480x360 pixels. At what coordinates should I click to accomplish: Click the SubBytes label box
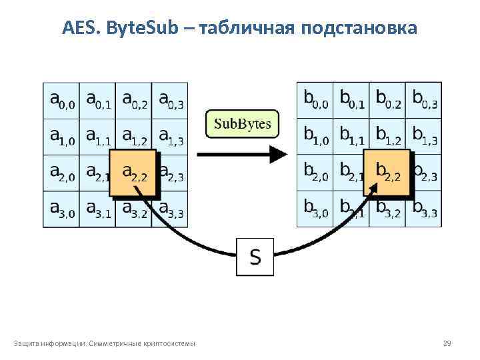242,124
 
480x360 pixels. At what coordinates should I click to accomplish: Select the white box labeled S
255,255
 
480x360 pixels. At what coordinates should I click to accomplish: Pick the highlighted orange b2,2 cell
388,173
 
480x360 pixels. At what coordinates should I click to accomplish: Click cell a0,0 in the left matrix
61,101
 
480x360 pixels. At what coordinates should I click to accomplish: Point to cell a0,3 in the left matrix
170,101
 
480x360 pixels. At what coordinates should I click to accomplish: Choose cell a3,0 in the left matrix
61,209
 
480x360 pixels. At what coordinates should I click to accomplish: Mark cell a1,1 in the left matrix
97,137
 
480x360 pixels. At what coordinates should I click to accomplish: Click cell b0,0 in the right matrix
315,101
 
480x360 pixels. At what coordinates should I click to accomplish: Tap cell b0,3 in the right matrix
424,101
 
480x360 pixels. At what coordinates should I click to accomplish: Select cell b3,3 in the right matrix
424,209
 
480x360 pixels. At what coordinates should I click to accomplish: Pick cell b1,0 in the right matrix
315,137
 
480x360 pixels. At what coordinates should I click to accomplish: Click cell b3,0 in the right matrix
315,209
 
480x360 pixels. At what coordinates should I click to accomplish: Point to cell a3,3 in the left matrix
171,209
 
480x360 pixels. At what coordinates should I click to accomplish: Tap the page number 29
447,343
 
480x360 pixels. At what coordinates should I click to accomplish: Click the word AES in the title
78,28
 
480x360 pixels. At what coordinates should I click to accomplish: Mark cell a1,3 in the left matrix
170,137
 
